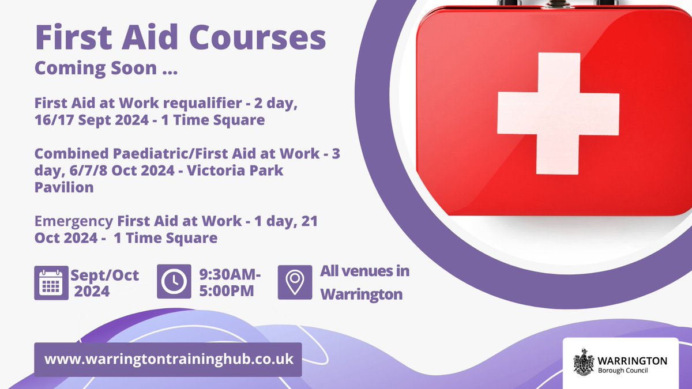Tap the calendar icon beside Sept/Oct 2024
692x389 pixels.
51,282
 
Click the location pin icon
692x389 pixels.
295,282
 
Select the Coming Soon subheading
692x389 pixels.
106,68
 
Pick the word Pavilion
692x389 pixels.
64,188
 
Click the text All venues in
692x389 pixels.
364,271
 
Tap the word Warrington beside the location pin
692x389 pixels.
361,294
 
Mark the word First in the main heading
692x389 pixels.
73,38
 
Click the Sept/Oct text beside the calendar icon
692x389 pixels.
105,275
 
